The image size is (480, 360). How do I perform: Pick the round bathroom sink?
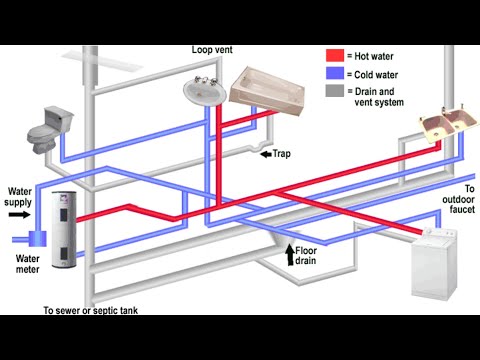pyautogui.click(x=204, y=91)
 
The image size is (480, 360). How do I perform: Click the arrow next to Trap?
pyautogui.click(x=266, y=155)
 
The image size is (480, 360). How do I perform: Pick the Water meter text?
pyautogui.click(x=26, y=264)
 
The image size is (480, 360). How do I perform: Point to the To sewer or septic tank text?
pyautogui.click(x=90, y=310)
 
